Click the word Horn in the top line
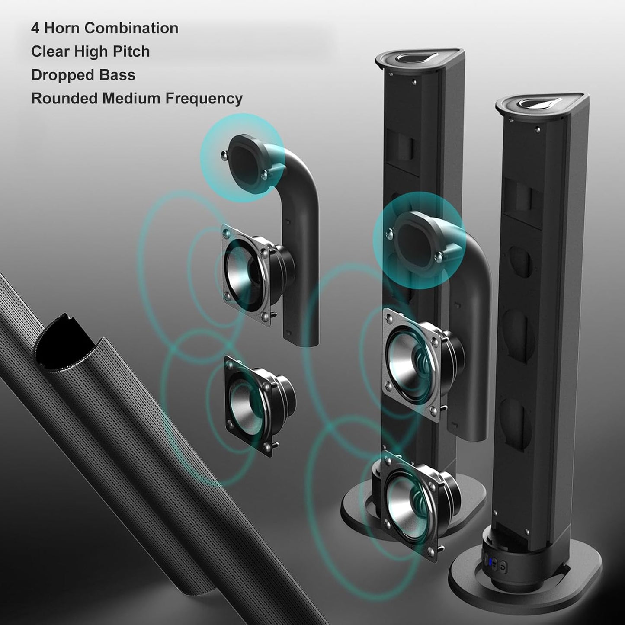click(x=62, y=28)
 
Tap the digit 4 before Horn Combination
click(x=35, y=28)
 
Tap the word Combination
click(x=131, y=28)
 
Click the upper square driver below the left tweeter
click(x=247, y=272)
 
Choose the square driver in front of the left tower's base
click(x=411, y=504)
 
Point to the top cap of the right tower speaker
click(x=542, y=104)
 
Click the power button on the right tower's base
click(x=503, y=565)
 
